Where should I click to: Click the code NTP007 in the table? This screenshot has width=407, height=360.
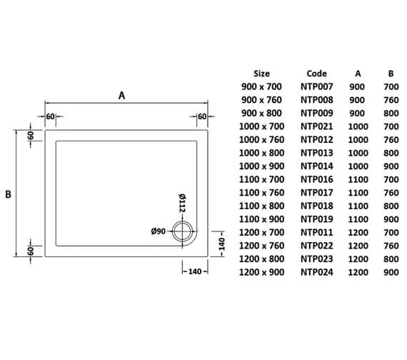316,86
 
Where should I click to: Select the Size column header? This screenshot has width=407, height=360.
262,73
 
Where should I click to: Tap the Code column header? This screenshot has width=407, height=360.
316,73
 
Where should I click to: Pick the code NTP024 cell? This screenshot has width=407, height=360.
316,272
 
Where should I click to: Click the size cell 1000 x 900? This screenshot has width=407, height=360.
262,166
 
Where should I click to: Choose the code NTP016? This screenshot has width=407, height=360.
316,179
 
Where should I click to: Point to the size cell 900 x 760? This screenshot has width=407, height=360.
262,100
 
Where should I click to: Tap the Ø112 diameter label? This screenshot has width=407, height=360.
181,203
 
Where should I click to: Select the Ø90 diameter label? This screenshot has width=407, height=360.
159,231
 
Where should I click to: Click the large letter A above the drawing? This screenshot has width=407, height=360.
122,96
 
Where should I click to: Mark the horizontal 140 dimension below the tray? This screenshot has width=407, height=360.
197,271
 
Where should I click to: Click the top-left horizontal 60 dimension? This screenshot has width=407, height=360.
51,116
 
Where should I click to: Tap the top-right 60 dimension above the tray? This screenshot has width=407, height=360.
202,116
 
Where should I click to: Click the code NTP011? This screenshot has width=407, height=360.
316,232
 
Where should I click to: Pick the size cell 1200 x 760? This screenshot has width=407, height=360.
262,246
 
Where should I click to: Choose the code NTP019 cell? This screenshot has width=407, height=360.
316,219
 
